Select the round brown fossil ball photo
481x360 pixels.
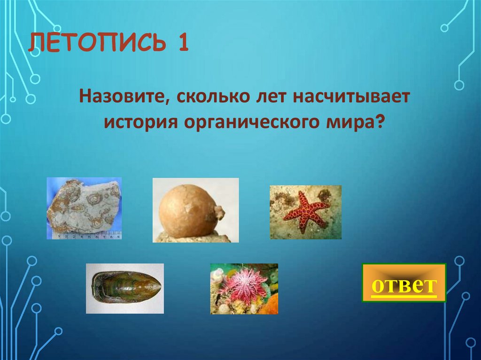tap(195, 210)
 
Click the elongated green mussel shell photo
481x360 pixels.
tap(124, 288)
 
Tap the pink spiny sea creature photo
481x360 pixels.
tap(244, 288)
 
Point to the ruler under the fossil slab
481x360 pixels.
tap(85, 236)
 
